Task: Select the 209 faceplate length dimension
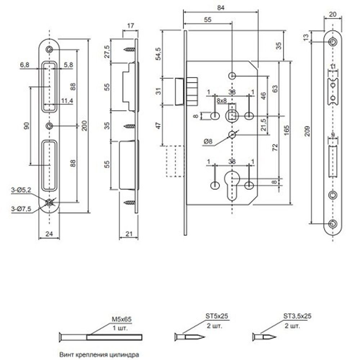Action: pyautogui.click(x=307, y=132)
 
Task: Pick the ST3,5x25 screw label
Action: pyautogui.click(x=297, y=316)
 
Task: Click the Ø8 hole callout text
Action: pyautogui.click(x=208, y=142)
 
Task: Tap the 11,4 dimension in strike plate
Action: pyautogui.click(x=67, y=101)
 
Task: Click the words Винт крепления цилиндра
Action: pyautogui.click(x=98, y=354)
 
